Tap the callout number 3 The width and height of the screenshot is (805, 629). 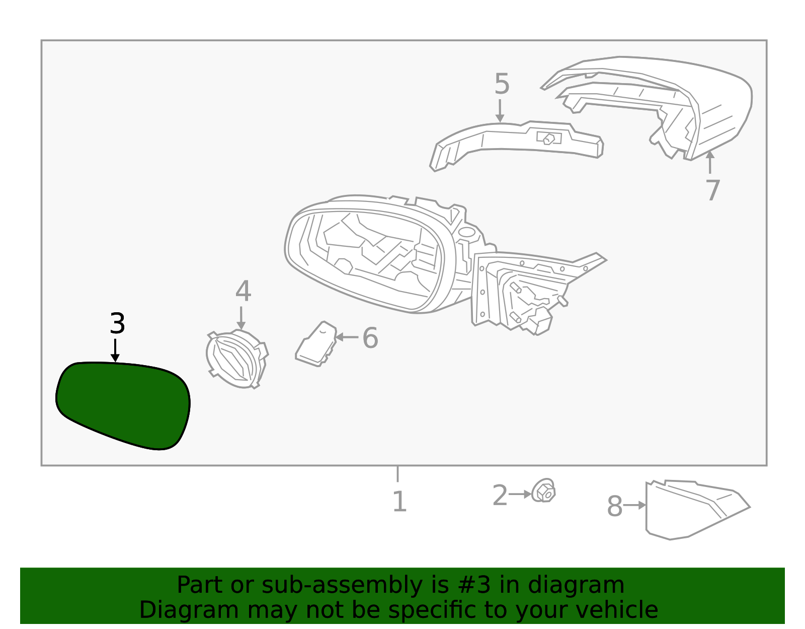117,323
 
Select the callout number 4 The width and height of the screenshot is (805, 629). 243,291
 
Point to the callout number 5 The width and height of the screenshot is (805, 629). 502,84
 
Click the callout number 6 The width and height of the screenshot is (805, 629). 370,338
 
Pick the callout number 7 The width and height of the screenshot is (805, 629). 713,190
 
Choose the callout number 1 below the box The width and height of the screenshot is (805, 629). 399,502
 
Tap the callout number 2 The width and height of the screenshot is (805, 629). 500,495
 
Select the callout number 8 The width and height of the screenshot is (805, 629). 615,506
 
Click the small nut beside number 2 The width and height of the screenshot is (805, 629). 543,491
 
